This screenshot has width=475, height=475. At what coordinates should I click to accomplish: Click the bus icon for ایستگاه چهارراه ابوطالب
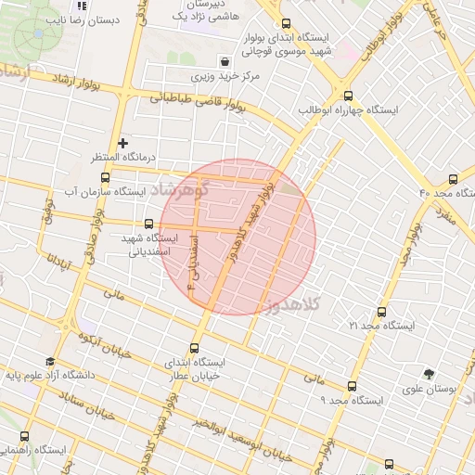(349, 96)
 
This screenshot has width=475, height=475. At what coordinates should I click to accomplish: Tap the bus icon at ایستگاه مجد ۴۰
(453, 179)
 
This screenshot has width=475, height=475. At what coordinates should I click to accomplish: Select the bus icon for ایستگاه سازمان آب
(105, 177)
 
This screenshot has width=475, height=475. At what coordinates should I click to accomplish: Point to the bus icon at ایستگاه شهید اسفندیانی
(149, 224)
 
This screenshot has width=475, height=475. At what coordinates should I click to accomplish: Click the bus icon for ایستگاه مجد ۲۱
(381, 313)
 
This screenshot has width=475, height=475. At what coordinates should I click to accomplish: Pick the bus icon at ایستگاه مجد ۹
(352, 386)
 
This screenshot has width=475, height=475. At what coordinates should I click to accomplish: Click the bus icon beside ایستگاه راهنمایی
(24, 436)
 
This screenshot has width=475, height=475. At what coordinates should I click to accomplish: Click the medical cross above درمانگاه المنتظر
(122, 143)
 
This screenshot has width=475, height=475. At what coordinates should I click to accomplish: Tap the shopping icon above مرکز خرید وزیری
(225, 61)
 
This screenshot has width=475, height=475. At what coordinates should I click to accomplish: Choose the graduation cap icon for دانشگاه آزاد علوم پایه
(49, 362)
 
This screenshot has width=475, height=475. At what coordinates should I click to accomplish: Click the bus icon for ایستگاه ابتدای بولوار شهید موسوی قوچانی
(285, 24)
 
